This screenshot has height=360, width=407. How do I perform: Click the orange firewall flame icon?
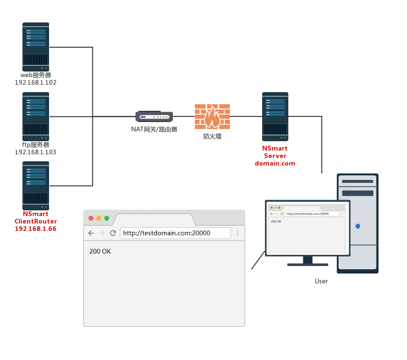coord(213,116)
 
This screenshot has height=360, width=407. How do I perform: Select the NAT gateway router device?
coord(155,116)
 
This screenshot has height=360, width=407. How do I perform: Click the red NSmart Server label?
coord(275,156)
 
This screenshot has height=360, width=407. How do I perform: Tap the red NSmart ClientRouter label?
coord(36,221)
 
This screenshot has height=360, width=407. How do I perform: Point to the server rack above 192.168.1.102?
coord(37,47)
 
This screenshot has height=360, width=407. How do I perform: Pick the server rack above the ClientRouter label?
coord(37,185)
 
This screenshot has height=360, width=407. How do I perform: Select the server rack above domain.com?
coord(276,116)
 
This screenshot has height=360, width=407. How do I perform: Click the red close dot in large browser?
coord(91,218)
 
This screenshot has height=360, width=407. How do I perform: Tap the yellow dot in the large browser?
coord(99,218)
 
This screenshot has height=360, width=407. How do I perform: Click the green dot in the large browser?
coord(107,218)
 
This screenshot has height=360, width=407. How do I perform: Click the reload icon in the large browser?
coord(113,233)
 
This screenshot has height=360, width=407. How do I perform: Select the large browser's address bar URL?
coord(167,233)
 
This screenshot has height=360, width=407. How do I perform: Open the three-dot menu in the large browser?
coord(237,233)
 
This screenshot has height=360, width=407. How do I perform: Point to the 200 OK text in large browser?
coord(100,252)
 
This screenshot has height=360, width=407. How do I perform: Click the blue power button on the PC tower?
coord(358,226)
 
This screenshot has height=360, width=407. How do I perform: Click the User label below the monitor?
coord(321,281)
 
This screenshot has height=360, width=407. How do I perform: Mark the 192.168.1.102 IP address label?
coord(36,82)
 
